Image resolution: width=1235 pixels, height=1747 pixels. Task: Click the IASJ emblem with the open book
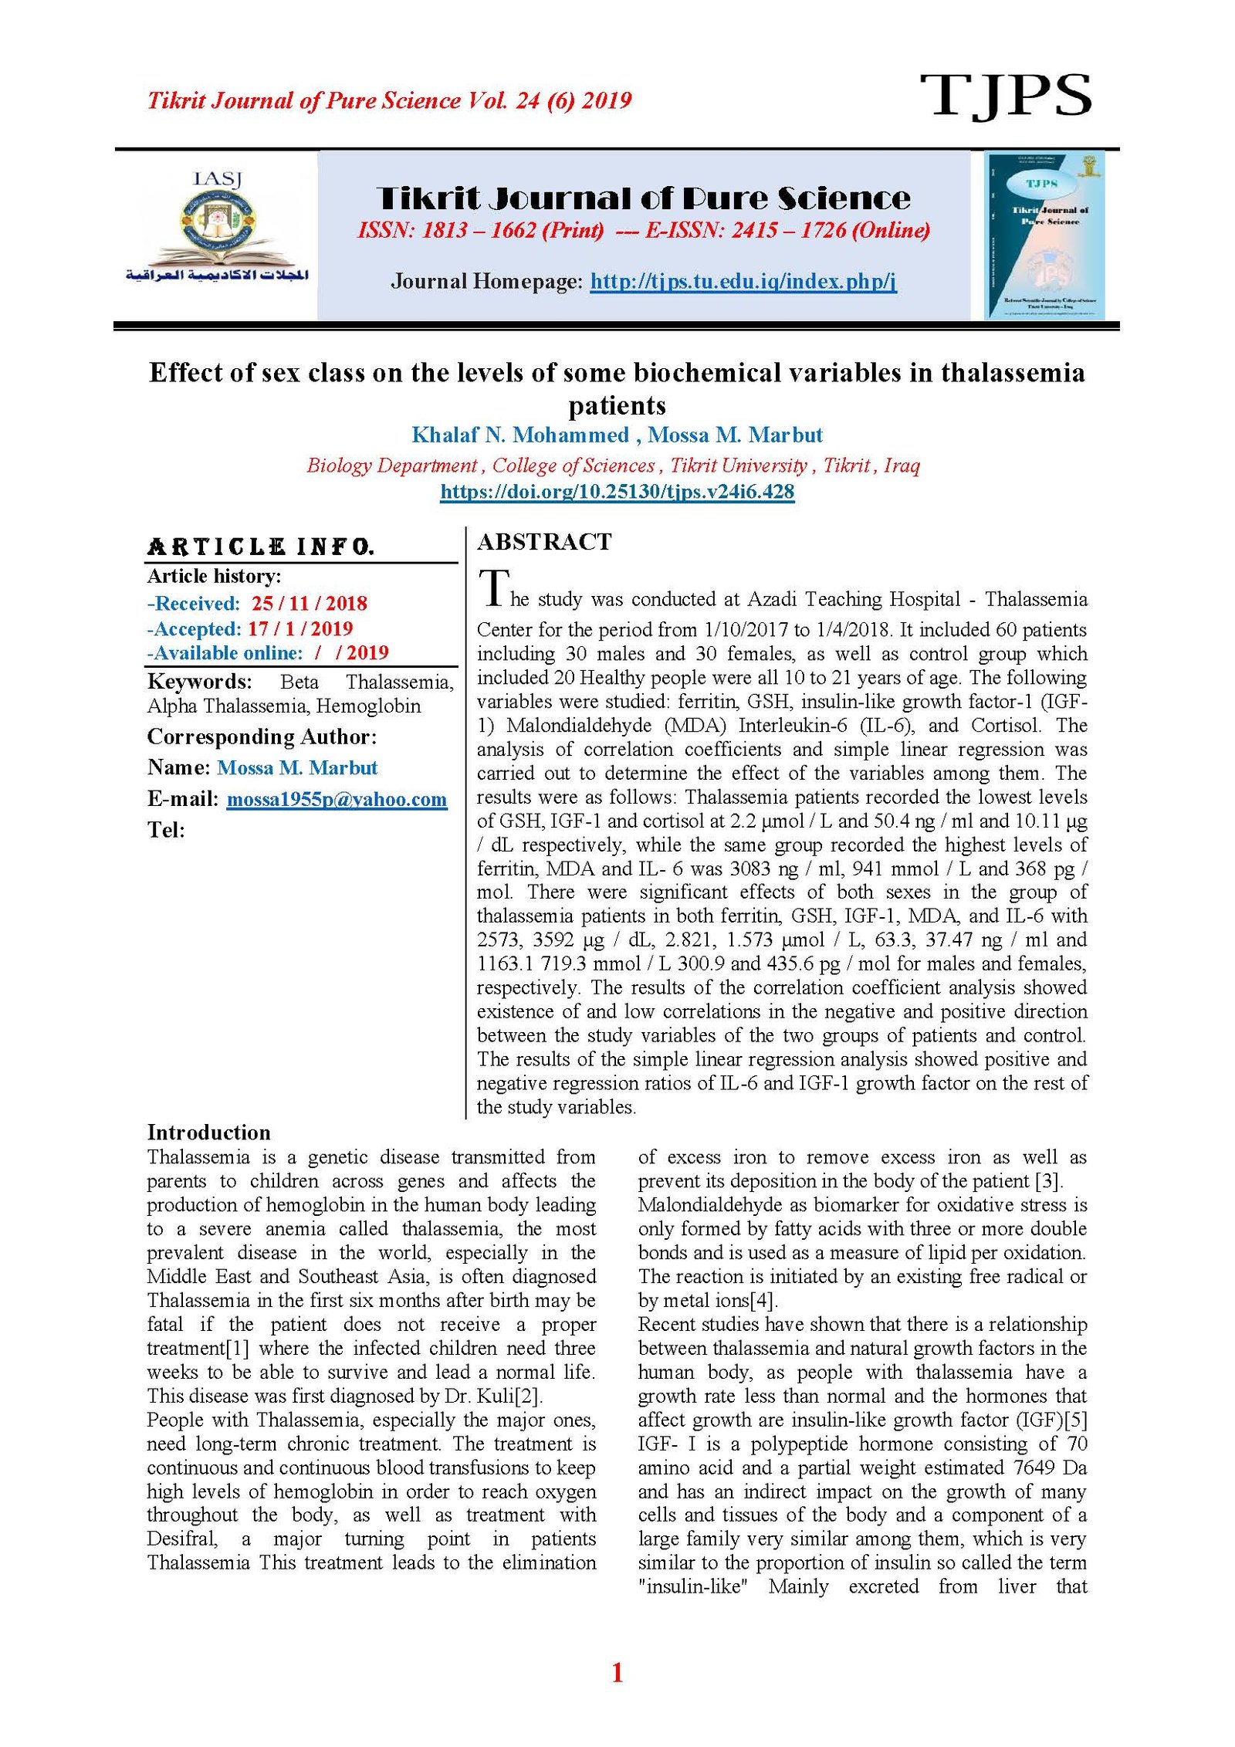click(218, 229)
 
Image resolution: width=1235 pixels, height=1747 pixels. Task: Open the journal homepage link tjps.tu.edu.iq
click(743, 281)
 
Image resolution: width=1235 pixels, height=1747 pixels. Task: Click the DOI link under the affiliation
click(617, 492)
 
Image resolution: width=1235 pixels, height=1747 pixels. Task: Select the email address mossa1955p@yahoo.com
click(337, 799)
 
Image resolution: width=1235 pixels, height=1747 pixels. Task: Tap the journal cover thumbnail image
click(1044, 235)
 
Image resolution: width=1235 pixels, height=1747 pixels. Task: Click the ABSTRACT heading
click(544, 542)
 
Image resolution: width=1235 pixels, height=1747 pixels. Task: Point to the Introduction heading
click(208, 1133)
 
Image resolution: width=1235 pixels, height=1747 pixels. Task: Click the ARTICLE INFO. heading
click(261, 547)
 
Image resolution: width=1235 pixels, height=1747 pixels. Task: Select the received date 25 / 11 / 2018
click(309, 604)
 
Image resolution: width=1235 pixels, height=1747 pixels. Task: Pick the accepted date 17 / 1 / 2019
click(299, 628)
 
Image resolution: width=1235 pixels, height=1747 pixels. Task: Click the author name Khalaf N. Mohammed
click(520, 435)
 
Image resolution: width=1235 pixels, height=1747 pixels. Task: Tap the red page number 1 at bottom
click(617, 1674)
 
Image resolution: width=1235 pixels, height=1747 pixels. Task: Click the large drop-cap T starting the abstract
click(493, 588)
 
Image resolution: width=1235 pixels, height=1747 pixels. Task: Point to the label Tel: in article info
click(166, 830)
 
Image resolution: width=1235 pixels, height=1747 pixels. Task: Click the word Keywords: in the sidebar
click(199, 682)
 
